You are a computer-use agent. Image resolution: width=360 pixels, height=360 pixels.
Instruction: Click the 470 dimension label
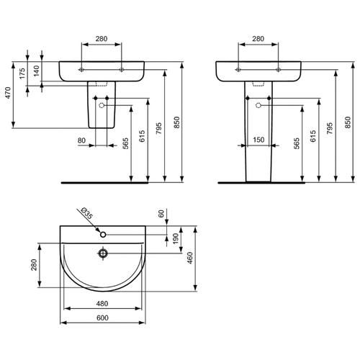8,93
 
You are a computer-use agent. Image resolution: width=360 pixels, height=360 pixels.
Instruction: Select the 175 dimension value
22,73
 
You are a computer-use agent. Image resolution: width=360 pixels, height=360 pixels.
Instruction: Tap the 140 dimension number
36,71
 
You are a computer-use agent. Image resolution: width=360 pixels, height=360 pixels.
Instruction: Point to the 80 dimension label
81,140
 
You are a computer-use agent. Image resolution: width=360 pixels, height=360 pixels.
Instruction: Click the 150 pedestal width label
258,140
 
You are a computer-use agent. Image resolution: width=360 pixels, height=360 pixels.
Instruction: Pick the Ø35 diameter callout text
86,213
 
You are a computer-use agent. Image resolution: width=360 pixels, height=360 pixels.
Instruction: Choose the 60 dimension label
161,214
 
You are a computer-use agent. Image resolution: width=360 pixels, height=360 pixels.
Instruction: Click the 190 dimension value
176,238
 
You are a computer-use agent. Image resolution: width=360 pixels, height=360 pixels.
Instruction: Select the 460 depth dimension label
190,258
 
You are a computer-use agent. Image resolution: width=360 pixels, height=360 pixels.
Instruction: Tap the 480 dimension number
102,304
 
